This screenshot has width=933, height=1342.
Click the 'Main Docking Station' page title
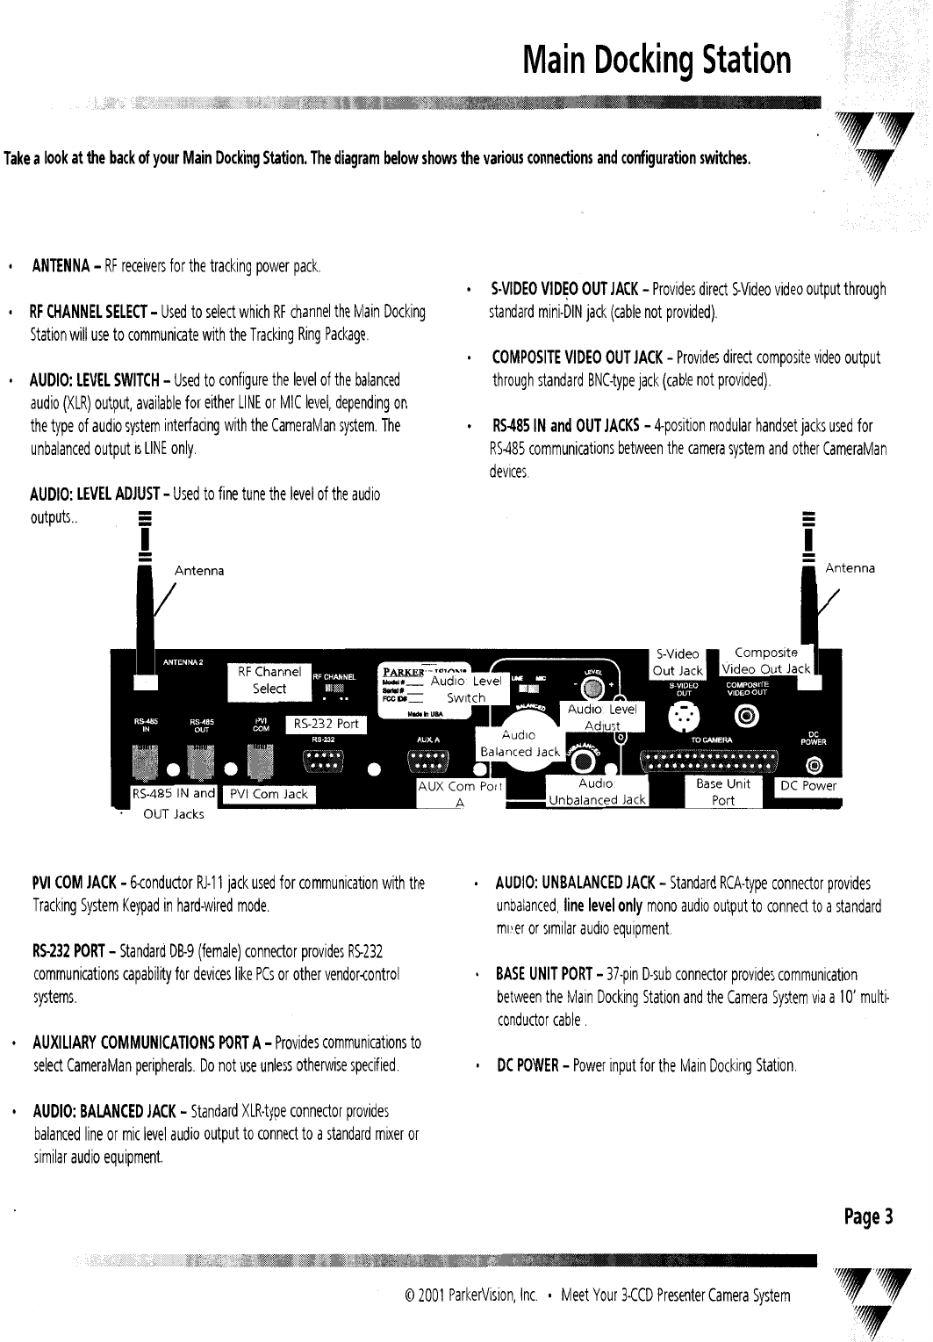pyautogui.click(x=656, y=60)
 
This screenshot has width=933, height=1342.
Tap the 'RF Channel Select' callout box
pyautogui.click(x=269, y=681)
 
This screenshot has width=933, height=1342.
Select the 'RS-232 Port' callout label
pyautogui.click(x=327, y=725)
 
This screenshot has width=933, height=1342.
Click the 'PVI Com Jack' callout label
pyautogui.click(x=269, y=794)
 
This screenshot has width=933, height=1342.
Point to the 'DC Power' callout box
pyautogui.click(x=808, y=786)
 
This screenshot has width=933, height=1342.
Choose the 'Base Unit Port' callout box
pyautogui.click(x=723, y=791)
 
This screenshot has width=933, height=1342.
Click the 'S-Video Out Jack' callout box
pyautogui.click(x=678, y=662)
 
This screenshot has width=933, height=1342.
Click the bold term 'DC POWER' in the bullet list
pyautogui.click(x=528, y=1066)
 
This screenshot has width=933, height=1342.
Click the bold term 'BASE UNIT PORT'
pyautogui.click(x=544, y=974)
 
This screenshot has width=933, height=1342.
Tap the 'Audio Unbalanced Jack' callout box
pyautogui.click(x=597, y=791)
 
